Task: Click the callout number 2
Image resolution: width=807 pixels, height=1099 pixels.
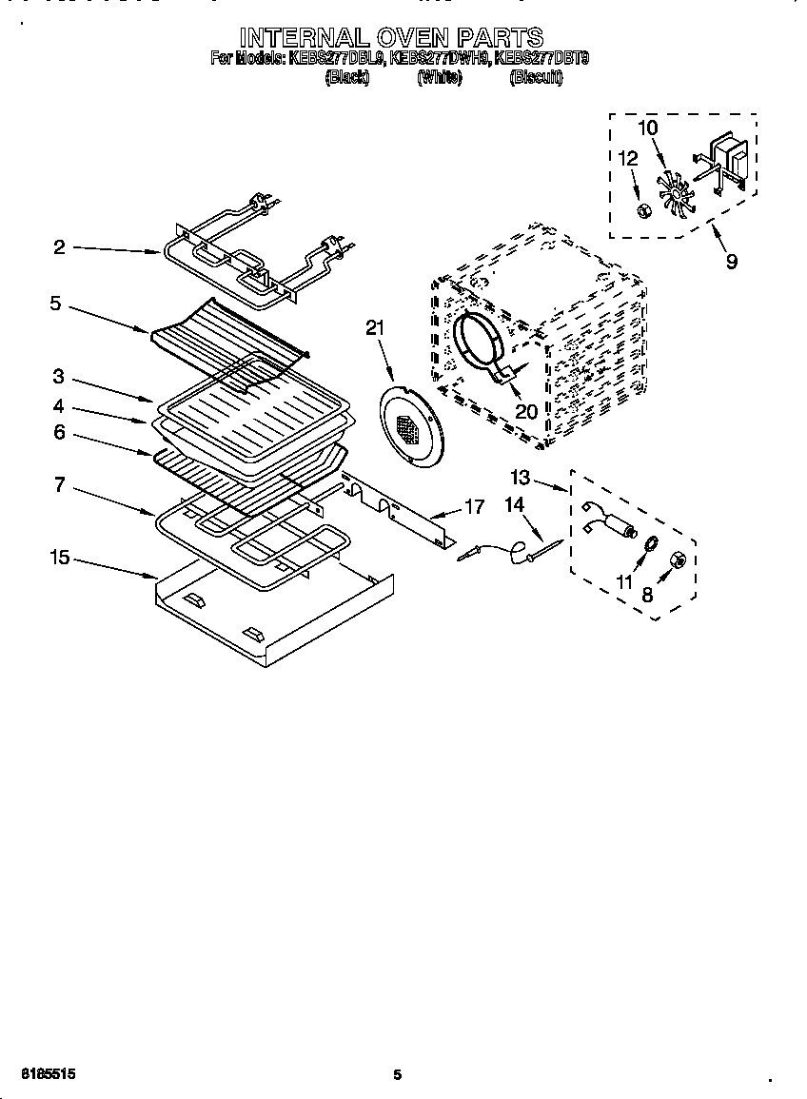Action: tap(59, 247)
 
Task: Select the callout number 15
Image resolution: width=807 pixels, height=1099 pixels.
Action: tap(59, 558)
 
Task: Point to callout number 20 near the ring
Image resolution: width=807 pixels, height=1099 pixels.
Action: tap(525, 411)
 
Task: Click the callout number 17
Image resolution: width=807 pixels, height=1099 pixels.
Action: tap(473, 507)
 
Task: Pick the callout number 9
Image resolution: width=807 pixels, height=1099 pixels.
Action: tap(731, 262)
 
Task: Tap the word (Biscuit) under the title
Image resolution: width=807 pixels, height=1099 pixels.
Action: tap(536, 78)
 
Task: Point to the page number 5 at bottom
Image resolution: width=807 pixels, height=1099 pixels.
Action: tap(398, 1075)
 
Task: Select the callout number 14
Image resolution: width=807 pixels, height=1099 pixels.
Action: tap(514, 505)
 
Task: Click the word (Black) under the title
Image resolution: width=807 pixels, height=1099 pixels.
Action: tap(346, 78)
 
